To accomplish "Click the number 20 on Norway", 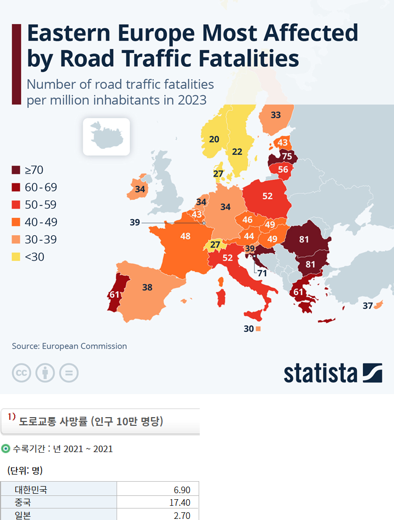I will [214, 139].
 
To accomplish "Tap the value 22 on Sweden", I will [237, 152].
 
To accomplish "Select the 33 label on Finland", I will [276, 115].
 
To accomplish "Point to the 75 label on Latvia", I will [287, 157].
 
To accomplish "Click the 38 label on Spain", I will [147, 287].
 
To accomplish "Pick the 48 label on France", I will [185, 236].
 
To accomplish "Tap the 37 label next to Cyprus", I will [368, 305].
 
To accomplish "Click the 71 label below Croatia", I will [262, 273].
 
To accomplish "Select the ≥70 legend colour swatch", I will [16, 170].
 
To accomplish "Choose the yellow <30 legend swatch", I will [16, 257].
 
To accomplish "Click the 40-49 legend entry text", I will [41, 222].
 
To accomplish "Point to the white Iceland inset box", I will [106, 136].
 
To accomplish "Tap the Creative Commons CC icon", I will [21, 373].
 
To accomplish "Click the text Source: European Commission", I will [69, 346].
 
